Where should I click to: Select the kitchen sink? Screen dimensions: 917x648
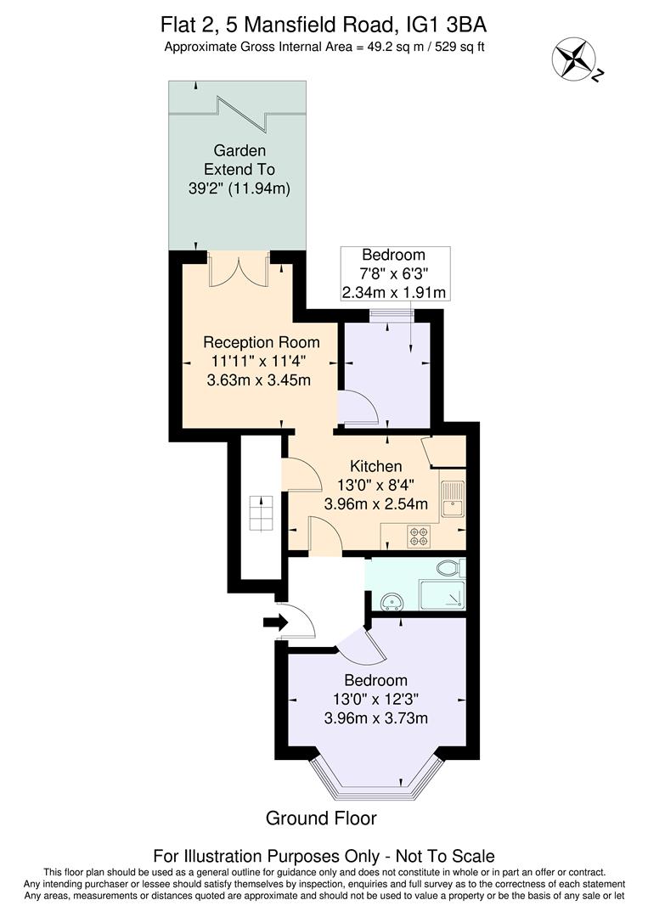tap(452, 499)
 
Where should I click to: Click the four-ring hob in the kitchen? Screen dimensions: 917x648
tap(419, 537)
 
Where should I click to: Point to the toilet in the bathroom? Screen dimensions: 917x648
tap(448, 568)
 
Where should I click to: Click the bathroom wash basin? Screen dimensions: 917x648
tap(392, 602)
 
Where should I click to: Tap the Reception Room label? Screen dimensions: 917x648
tap(261, 342)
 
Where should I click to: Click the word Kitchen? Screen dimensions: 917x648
tap(376, 466)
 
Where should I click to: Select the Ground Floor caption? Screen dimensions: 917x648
tap(321, 819)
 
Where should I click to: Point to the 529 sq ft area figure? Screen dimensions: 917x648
tap(457, 46)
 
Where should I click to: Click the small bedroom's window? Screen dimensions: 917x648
tap(392, 315)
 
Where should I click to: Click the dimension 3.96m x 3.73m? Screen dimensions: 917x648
tap(375, 718)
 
